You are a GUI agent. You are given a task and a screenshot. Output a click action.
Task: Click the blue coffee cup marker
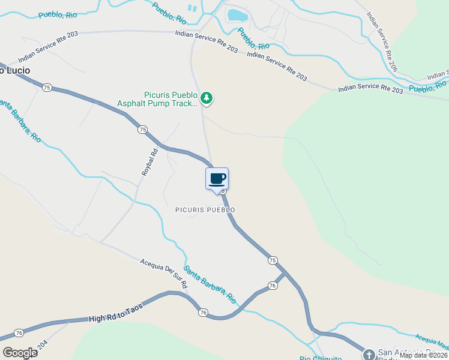point(217,178)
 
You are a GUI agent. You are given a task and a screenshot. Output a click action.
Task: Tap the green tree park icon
point(206,97)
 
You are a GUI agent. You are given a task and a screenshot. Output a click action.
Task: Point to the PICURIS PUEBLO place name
point(205,210)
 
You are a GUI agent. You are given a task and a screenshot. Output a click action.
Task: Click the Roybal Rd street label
point(149,161)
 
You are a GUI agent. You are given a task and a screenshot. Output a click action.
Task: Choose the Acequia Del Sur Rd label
point(164,273)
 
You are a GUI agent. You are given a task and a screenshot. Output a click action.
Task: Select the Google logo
point(19,352)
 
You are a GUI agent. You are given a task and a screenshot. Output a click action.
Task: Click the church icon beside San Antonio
point(369,353)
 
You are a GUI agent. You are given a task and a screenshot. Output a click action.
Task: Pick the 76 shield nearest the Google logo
point(19,333)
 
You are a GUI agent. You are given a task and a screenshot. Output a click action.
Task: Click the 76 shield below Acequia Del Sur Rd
point(203,313)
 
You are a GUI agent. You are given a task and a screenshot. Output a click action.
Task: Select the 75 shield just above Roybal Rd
point(142,130)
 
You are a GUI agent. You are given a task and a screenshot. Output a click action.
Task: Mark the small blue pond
point(237,14)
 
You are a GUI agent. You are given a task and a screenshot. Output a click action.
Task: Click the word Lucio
point(18,70)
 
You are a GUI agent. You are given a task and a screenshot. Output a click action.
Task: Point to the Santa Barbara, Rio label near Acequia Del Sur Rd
point(209,284)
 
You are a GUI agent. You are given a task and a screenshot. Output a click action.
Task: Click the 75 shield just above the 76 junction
point(273,260)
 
